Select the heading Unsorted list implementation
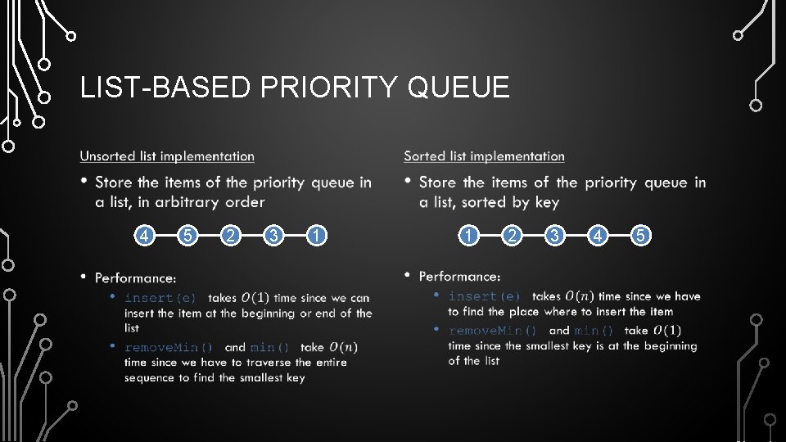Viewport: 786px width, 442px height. pyautogui.click(x=167, y=156)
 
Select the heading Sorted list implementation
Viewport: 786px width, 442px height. pyautogui.click(x=484, y=156)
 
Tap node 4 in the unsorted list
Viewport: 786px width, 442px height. pyautogui.click(x=144, y=237)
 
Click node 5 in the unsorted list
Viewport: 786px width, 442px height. pyautogui.click(x=187, y=237)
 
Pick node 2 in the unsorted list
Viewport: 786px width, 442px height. pyautogui.click(x=231, y=237)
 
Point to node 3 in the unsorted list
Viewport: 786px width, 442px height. pyautogui.click(x=274, y=237)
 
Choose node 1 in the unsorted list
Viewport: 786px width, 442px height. pyautogui.click(x=318, y=237)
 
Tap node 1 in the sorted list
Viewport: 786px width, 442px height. pyautogui.click(x=468, y=237)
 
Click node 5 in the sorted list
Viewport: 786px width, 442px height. pyautogui.click(x=642, y=237)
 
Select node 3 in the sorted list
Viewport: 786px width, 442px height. pyautogui.click(x=555, y=237)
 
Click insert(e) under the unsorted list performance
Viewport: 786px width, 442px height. pyautogui.click(x=160, y=299)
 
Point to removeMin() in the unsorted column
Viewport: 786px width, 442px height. pyautogui.click(x=169, y=347)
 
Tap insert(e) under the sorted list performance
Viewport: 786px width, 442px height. pyautogui.click(x=485, y=296)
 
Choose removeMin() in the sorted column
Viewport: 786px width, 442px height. pyautogui.click(x=493, y=331)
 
